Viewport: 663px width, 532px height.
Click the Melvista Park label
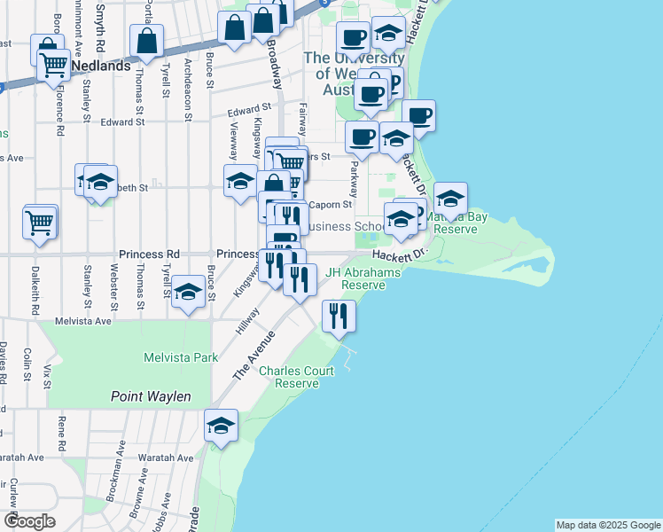(181, 357)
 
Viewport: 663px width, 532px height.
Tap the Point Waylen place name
(151, 396)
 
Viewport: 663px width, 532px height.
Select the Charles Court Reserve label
(296, 377)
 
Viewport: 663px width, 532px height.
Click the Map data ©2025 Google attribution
(608, 525)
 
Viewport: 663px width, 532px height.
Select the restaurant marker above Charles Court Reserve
(338, 316)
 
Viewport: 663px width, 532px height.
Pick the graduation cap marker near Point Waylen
(221, 425)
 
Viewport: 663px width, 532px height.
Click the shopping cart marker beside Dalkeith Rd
(40, 222)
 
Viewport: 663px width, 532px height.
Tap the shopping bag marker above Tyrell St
(146, 41)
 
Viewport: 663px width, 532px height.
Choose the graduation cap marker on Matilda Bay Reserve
(450, 199)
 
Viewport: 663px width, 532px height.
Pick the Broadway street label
(274, 63)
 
